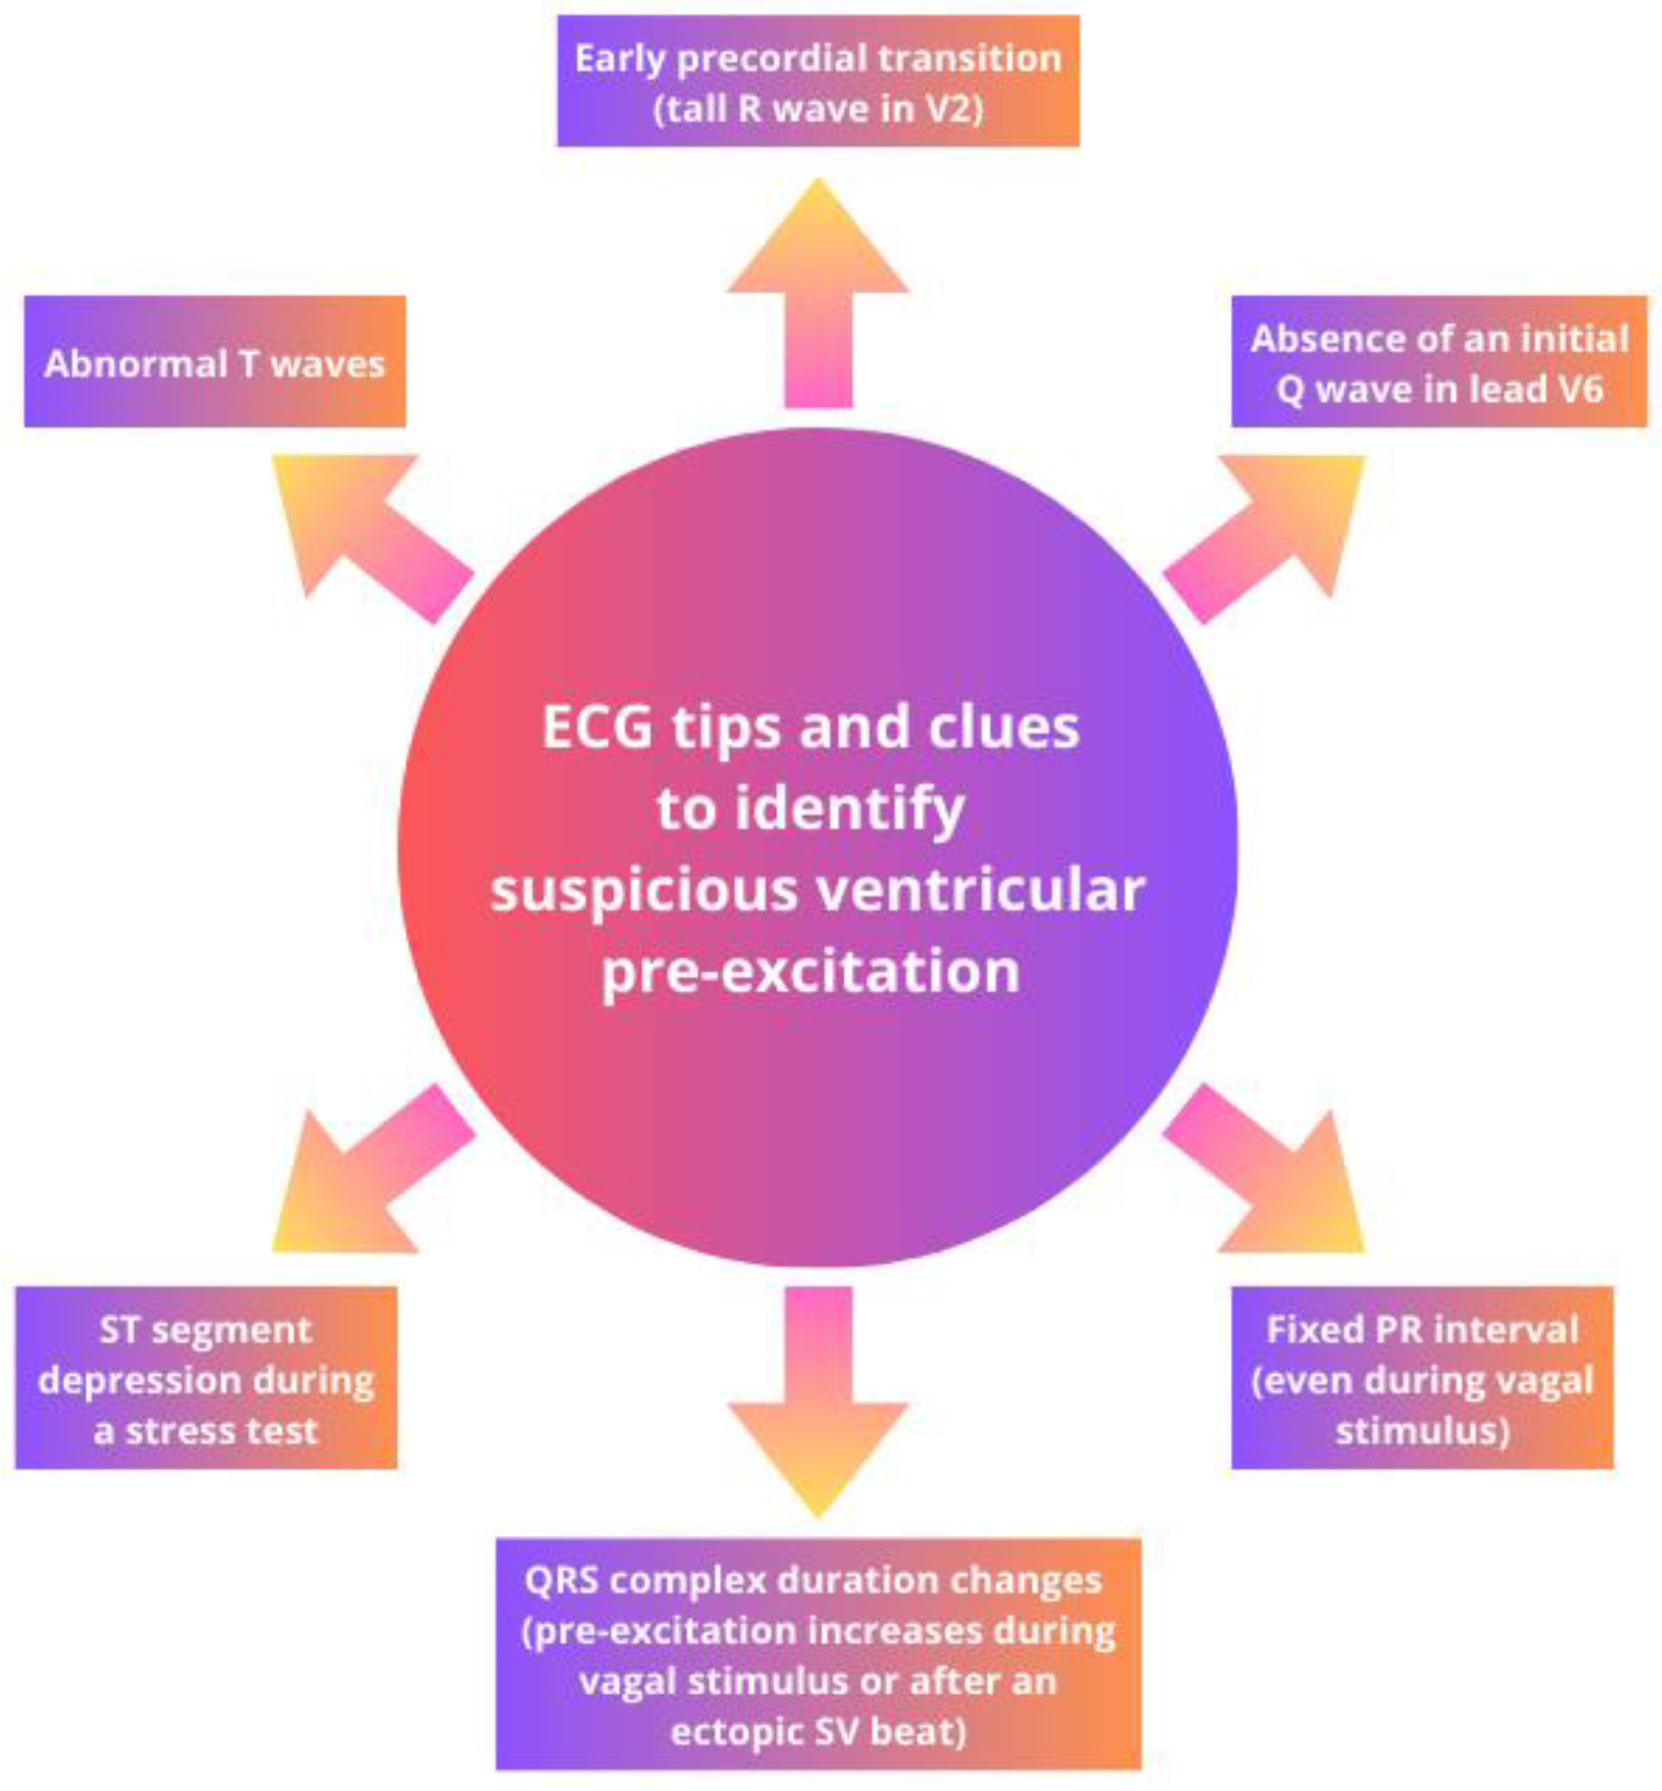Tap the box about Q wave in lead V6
1439,362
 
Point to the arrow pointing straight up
817,297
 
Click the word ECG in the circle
597,727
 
